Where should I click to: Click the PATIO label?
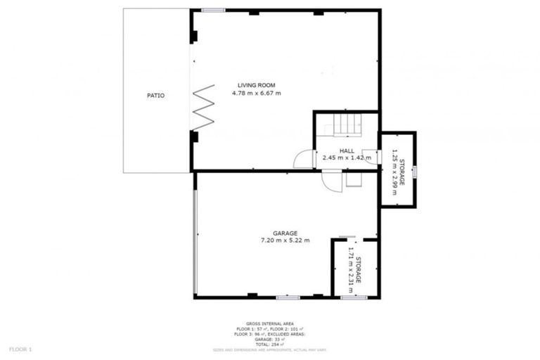coord(155,95)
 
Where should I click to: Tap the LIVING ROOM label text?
coord(256,85)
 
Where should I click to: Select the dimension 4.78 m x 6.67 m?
coord(256,93)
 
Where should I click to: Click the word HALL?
coord(347,150)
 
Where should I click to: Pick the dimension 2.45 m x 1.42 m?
coord(346,158)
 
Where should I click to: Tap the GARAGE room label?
coord(285,233)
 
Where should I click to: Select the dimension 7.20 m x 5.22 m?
coord(285,241)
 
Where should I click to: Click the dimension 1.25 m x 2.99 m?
coord(398,170)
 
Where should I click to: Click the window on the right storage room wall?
coord(415,170)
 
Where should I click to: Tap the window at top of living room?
coord(213,11)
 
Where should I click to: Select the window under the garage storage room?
coord(354,297)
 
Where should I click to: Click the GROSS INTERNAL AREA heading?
coord(269,324)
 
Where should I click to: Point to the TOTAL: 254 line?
coord(269,344)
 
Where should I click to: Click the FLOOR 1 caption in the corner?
coord(20,349)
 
